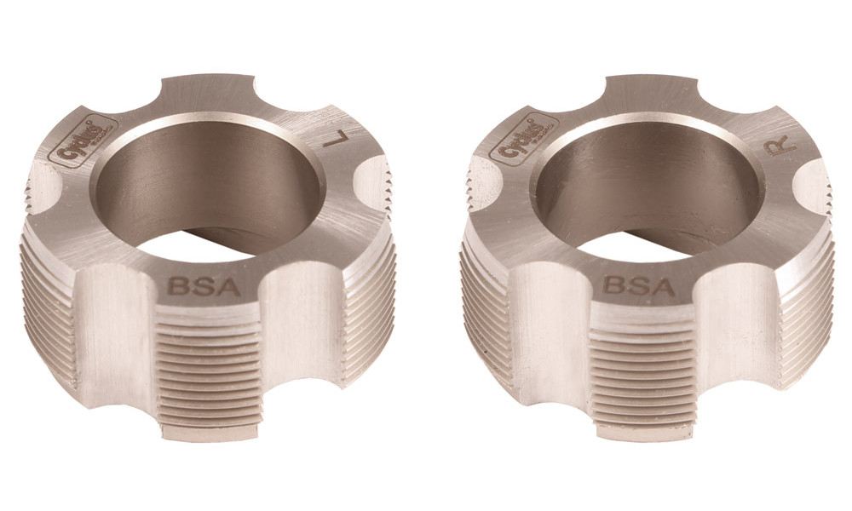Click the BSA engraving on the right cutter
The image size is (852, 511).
tap(640, 285)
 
